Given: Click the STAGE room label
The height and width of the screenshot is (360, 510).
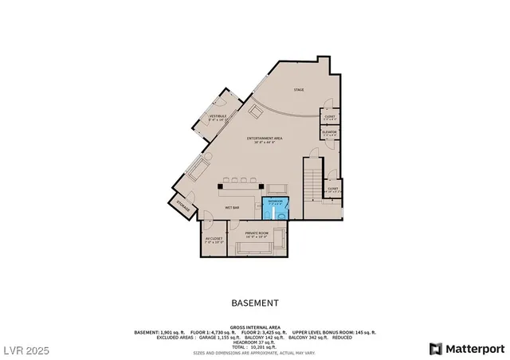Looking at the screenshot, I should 299,89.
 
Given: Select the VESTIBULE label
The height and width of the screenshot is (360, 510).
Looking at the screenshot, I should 218,117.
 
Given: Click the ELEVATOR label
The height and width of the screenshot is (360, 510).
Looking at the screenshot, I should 329,133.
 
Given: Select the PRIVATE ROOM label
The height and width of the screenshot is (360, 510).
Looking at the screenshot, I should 257,234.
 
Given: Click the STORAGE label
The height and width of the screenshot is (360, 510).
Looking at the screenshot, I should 182,205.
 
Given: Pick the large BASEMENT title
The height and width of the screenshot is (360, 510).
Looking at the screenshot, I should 254,303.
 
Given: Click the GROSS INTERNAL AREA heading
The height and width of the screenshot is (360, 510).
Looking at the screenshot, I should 254,327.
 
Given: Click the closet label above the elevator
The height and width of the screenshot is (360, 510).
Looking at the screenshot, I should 329,118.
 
